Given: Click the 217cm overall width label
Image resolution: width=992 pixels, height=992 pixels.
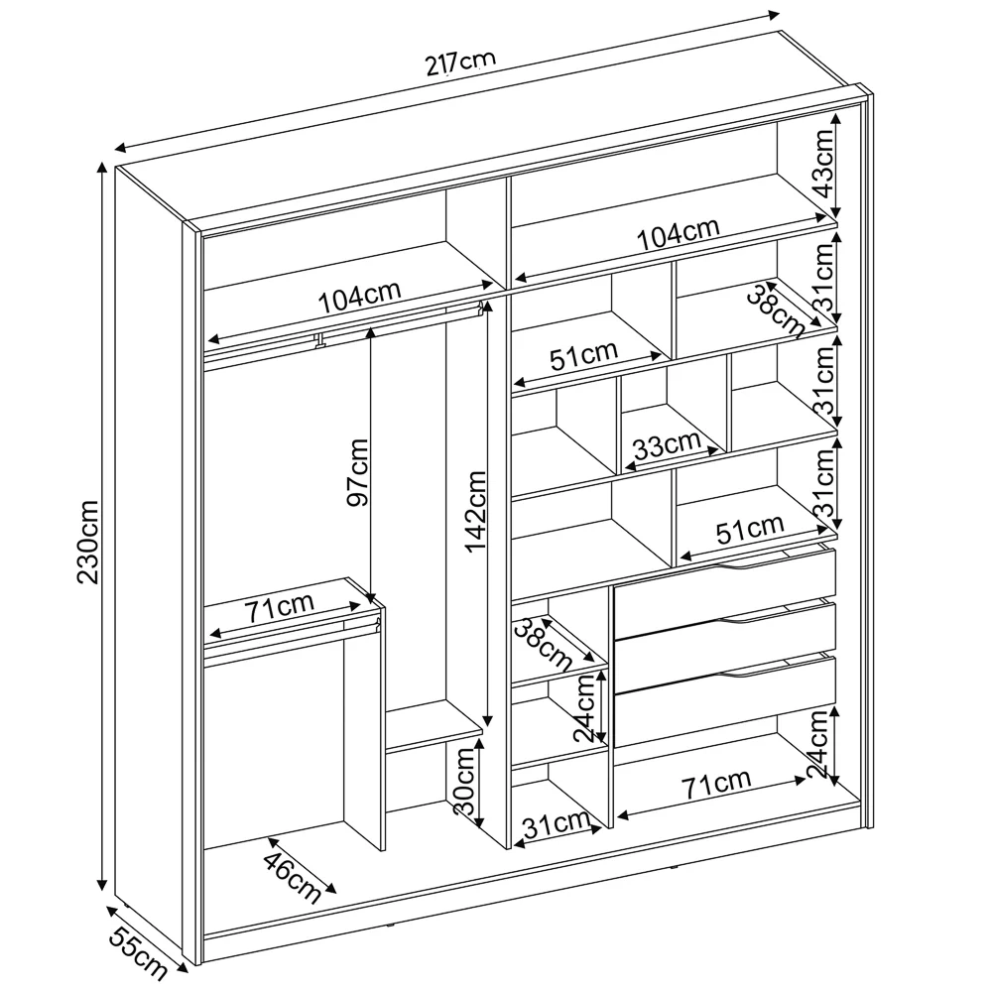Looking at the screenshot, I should (x=460, y=62).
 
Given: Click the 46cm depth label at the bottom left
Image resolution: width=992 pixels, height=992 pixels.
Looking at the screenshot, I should (x=293, y=871).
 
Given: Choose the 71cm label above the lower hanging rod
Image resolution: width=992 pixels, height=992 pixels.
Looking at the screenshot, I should (x=281, y=607).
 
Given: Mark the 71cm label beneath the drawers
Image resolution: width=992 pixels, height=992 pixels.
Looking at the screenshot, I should (x=717, y=784).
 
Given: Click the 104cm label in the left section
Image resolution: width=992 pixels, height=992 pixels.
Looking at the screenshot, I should (x=359, y=297).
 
